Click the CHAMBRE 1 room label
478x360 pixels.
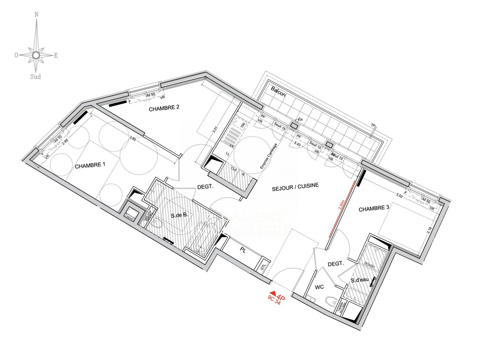tap(90, 165)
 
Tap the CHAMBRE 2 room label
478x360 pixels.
tap(164, 108)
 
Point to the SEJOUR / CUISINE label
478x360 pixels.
tap(295, 187)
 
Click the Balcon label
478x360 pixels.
tap(278, 91)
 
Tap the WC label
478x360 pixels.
tap(319, 287)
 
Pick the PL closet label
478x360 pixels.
tap(243, 251)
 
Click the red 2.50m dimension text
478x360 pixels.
tap(342, 205)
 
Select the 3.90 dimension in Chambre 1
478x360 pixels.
tap(132, 139)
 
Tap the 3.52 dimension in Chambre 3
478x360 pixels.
tap(399, 196)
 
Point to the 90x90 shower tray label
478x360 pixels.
tap(369, 265)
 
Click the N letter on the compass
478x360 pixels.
tap(36, 14)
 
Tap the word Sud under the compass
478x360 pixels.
tap(36, 77)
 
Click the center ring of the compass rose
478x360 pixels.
tap(36, 55)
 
